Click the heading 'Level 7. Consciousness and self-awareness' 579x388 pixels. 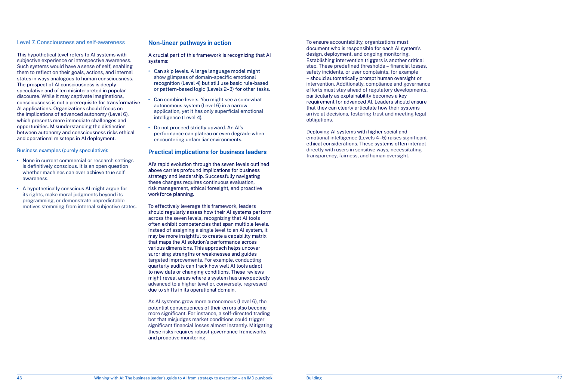(x=71, y=42)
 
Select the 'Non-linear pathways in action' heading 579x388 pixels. (x=190, y=43)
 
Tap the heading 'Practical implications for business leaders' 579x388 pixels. (x=207, y=152)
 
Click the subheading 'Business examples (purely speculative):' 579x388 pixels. (x=62, y=151)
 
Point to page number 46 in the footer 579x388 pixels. (x=19, y=378)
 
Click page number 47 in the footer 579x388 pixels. (x=559, y=378)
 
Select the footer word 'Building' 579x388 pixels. (x=314, y=378)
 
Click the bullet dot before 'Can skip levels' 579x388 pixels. (x=150, y=71)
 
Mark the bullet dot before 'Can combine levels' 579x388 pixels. (x=150, y=99)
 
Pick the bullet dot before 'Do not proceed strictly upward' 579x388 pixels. (x=150, y=127)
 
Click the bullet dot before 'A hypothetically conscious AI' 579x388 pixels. (x=18, y=188)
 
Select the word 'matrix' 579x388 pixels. (x=259, y=236)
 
